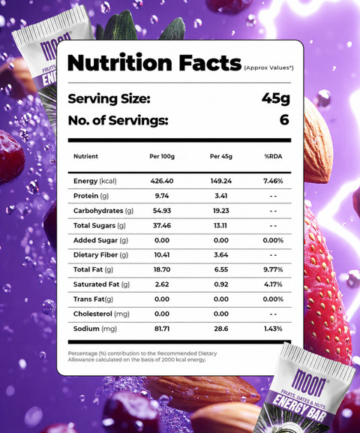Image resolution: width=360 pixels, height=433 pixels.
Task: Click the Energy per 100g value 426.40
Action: [162, 181]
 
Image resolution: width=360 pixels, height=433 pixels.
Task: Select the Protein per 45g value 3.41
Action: [220, 196]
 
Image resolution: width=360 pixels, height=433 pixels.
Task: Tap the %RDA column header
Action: [273, 156]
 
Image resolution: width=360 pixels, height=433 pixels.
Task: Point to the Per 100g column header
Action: [162, 156]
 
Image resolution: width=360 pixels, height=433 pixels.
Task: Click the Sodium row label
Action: [95, 329]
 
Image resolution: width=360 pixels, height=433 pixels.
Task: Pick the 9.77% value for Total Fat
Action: [273, 269]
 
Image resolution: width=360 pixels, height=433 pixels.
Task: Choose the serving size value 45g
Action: [275, 98]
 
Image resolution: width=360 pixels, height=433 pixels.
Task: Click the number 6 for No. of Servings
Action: [284, 120]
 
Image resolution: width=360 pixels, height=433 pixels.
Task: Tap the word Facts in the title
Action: [210, 63]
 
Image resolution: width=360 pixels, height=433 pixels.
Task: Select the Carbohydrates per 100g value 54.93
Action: [162, 211]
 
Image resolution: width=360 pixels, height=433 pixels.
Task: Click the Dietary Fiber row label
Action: [100, 255]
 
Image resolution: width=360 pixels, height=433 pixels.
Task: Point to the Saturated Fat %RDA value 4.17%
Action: [273, 284]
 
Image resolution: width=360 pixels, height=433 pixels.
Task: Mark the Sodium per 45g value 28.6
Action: [220, 329]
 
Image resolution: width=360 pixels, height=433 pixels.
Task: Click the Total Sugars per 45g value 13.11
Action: [220, 226]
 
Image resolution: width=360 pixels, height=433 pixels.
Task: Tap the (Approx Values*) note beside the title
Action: [268, 68]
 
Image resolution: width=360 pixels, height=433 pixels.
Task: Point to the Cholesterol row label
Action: [101, 314]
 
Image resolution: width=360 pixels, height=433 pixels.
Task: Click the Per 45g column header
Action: [220, 156]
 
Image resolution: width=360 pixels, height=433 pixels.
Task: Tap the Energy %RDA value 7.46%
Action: [273, 181]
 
